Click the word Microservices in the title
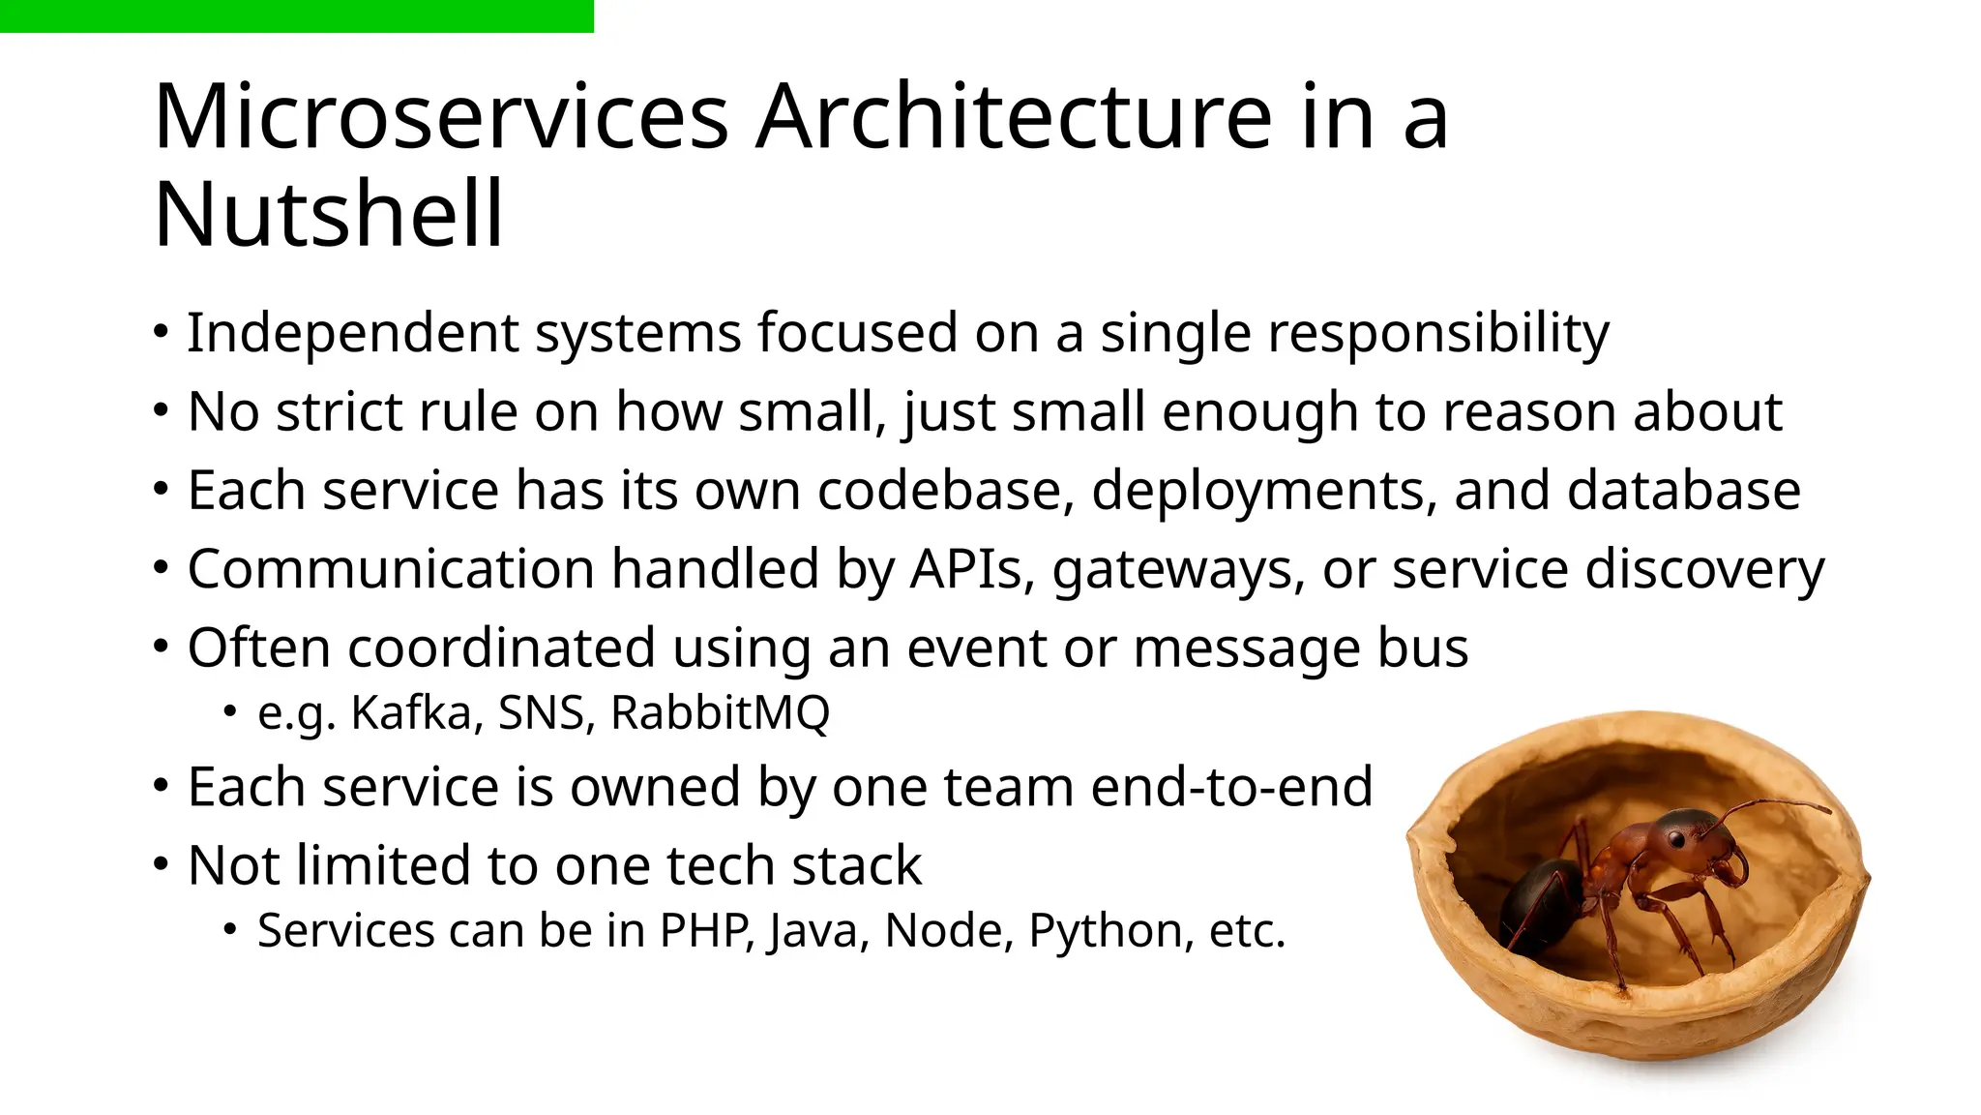pos(441,118)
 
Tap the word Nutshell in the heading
pos(329,215)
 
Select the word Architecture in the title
pos(1013,118)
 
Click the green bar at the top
pos(296,15)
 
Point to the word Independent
pos(352,333)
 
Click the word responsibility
pos(1438,335)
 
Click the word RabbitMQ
pos(721,713)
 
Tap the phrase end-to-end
pos(1231,787)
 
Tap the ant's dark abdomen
pos(1540,900)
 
